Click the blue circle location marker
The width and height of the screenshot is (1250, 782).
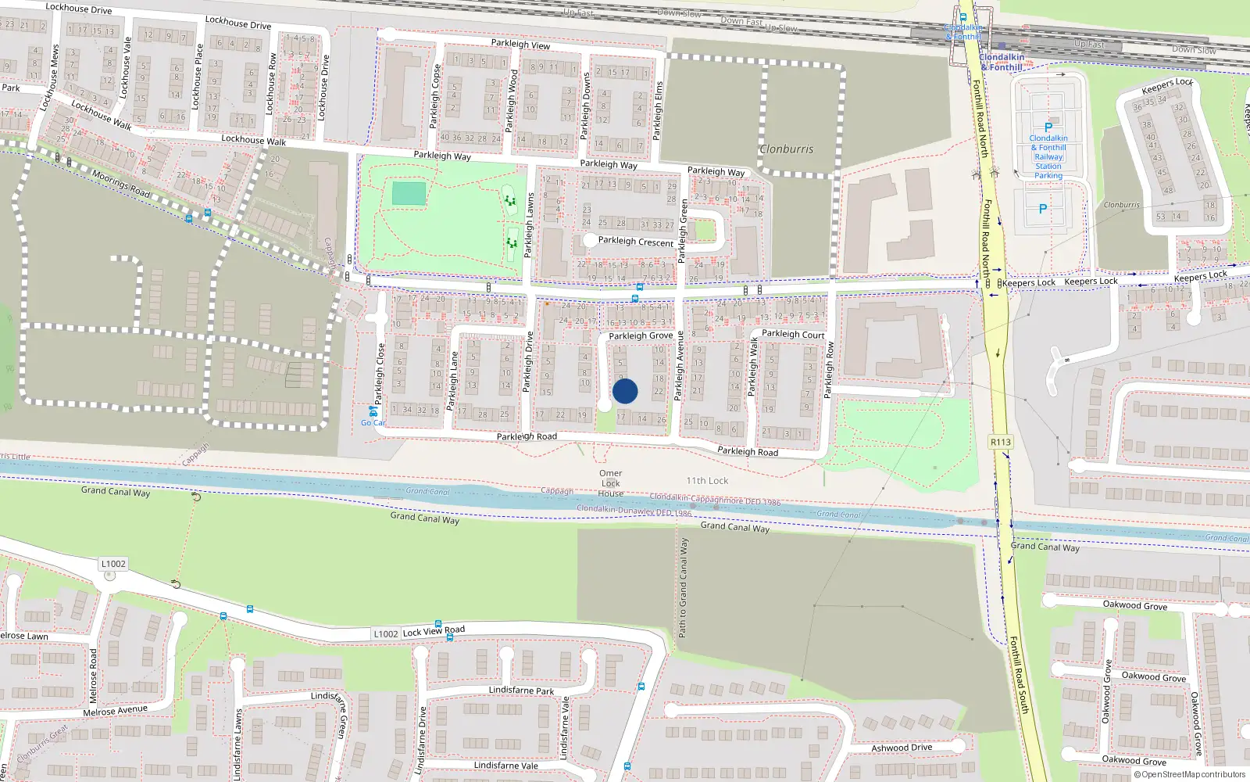pos(625,391)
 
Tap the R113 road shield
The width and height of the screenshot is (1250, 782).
pos(1001,442)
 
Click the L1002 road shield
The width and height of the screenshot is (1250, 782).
pos(113,564)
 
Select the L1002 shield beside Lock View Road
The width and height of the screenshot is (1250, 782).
pos(386,633)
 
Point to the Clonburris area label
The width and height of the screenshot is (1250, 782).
pos(786,149)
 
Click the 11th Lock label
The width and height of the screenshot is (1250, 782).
pos(707,481)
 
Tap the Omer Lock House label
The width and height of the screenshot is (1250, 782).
pos(611,483)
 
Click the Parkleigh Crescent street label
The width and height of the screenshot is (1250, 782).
pos(635,242)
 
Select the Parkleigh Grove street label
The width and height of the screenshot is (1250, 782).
pos(641,335)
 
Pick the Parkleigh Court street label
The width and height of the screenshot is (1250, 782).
pos(793,334)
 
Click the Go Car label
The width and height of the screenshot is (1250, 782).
pos(373,423)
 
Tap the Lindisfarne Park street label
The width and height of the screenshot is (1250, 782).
pos(521,690)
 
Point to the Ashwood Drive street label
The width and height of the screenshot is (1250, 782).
pos(902,748)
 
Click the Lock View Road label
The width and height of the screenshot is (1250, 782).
pos(434,630)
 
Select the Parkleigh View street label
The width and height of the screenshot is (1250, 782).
pos(520,45)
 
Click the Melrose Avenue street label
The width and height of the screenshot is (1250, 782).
pos(115,711)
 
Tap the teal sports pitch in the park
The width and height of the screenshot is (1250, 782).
pos(409,193)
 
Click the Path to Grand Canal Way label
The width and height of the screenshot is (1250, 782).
pos(684,587)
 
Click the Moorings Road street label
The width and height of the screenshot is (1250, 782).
pos(121,183)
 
